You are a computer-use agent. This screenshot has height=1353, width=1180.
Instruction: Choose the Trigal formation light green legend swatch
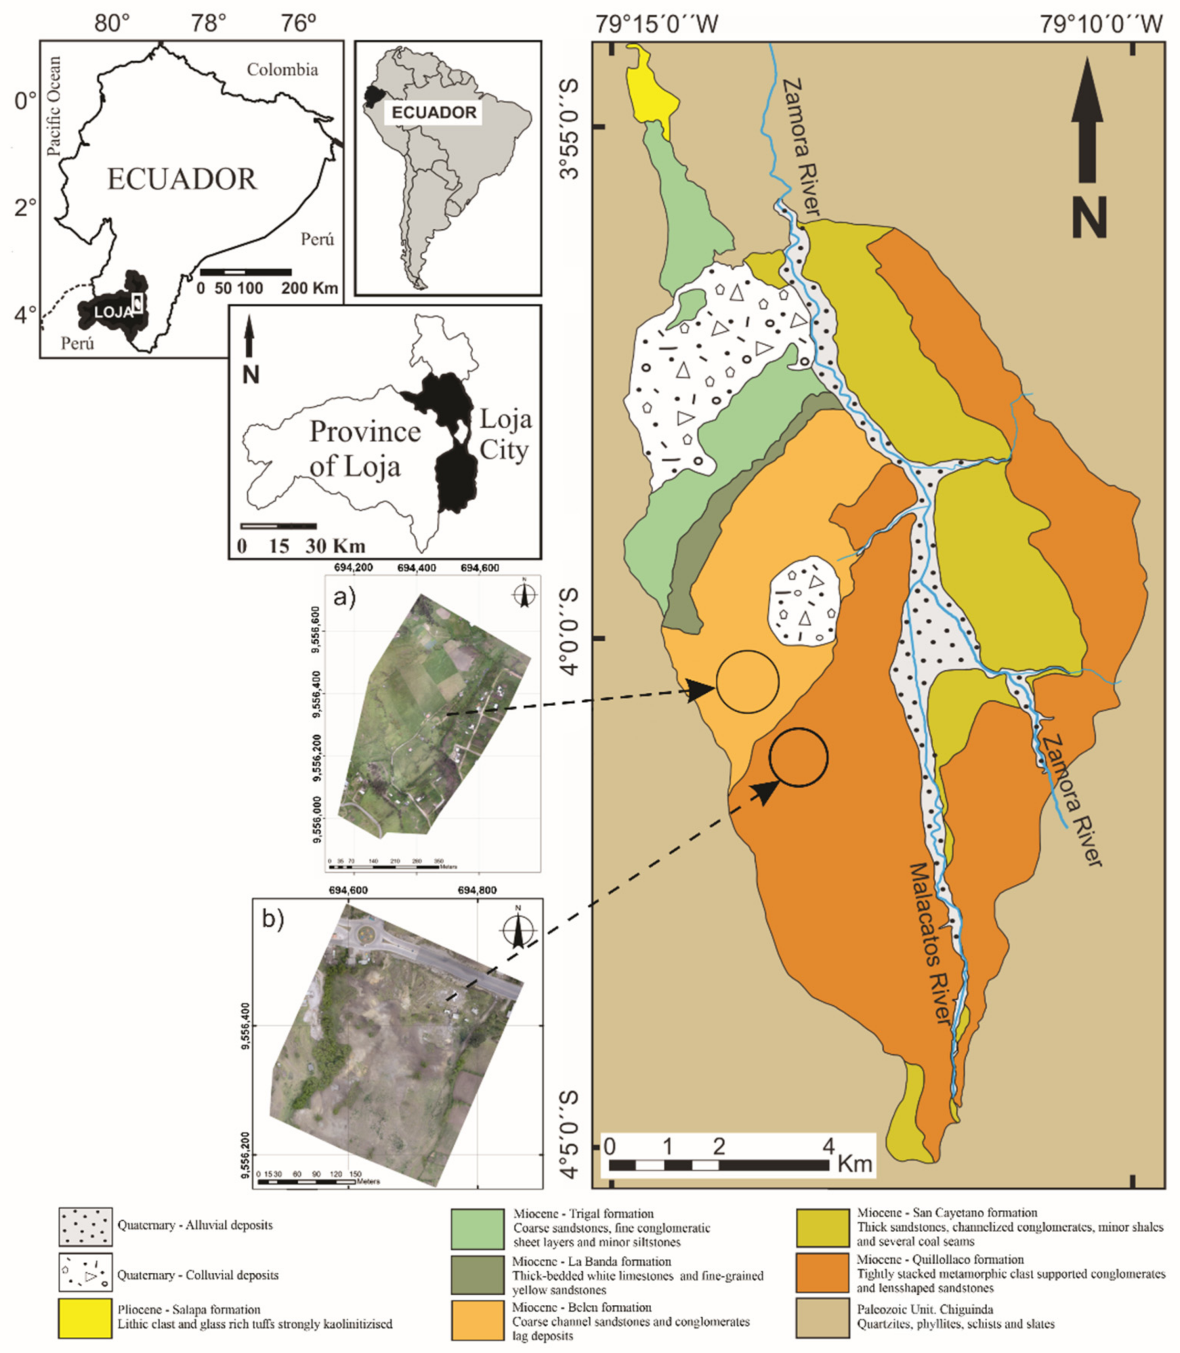click(x=478, y=1229)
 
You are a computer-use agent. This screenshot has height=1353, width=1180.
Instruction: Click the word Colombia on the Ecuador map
click(x=282, y=69)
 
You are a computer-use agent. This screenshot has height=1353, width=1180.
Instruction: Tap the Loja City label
click(x=504, y=435)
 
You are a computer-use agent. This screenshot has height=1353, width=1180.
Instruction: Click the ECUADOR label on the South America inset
click(x=434, y=112)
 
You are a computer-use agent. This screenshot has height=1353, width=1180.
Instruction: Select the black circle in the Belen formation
click(x=747, y=682)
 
